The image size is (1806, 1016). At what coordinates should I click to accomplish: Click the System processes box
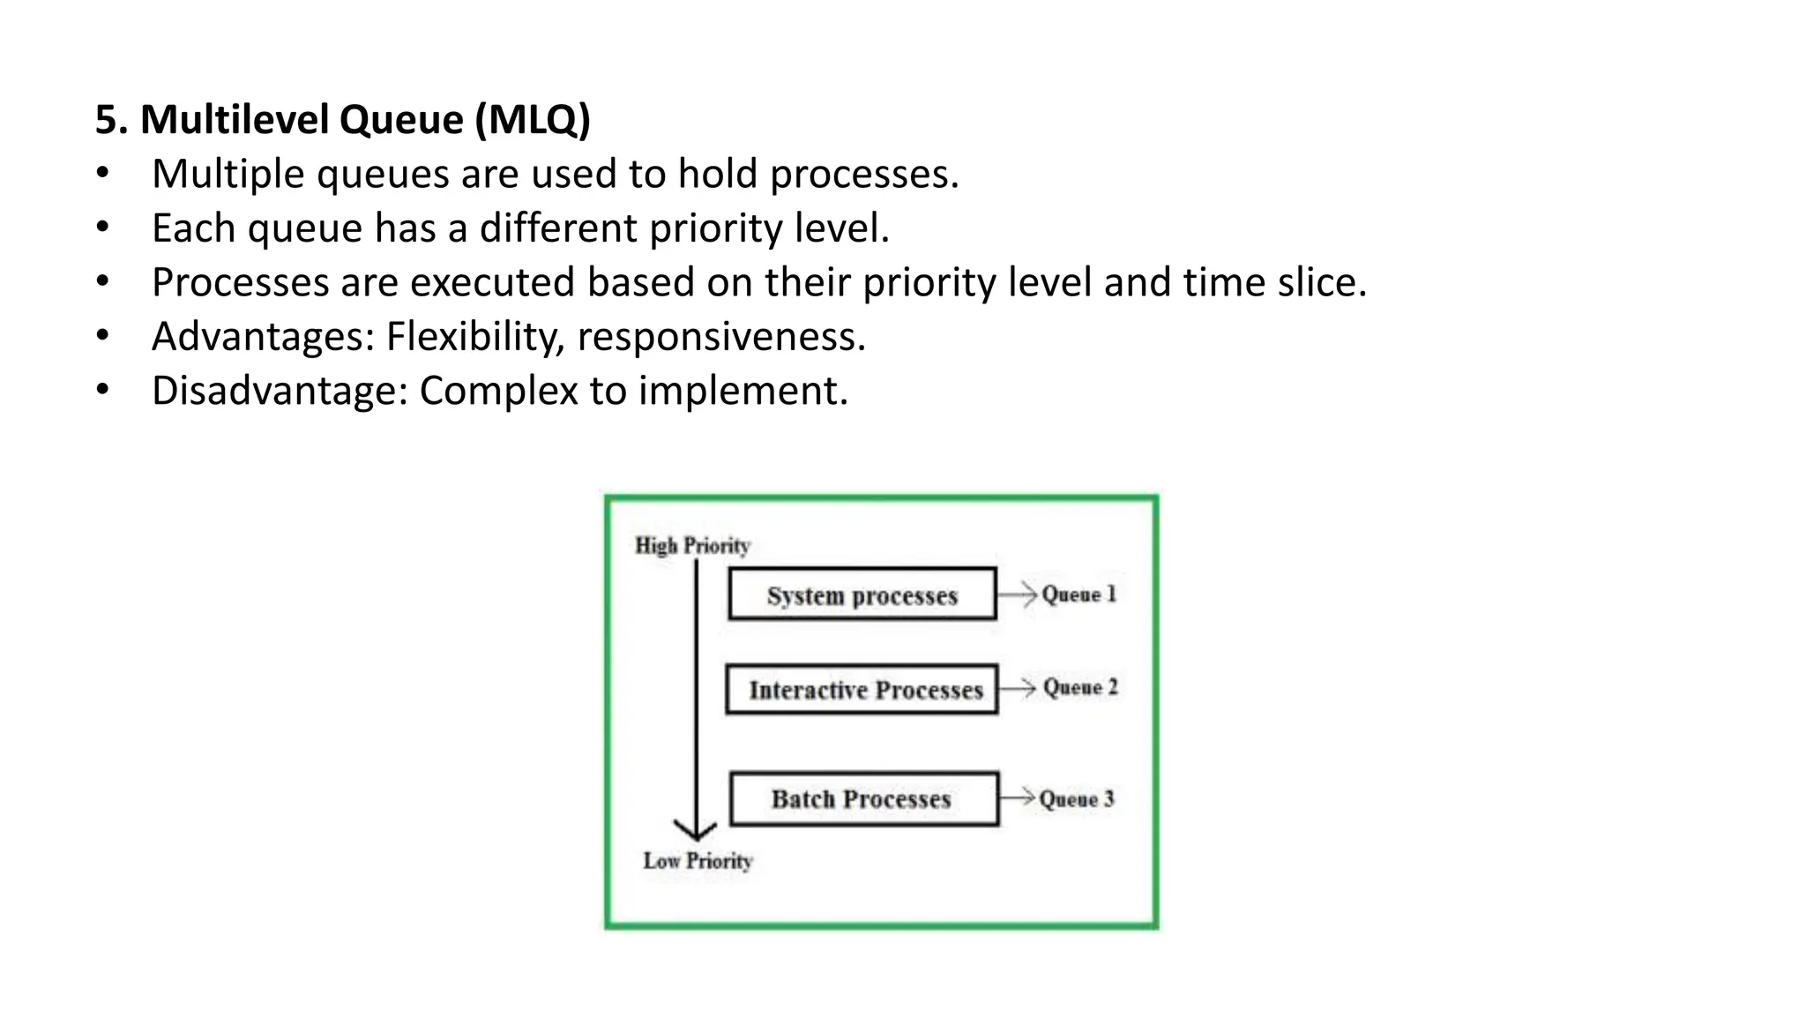pyautogui.click(x=862, y=594)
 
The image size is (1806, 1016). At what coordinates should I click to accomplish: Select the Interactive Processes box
pyautogui.click(x=862, y=689)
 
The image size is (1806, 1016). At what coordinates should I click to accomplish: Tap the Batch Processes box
pyautogui.click(x=863, y=799)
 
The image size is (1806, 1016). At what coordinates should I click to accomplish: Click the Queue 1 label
pyautogui.click(x=1078, y=594)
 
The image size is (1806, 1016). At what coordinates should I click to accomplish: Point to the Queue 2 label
pyautogui.click(x=1080, y=687)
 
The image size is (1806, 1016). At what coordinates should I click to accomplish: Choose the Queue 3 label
pyautogui.click(x=1077, y=799)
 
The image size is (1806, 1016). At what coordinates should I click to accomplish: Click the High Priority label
pyautogui.click(x=692, y=546)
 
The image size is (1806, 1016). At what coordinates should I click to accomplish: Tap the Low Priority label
pyautogui.click(x=698, y=861)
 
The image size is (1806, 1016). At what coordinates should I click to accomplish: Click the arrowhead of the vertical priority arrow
pyautogui.click(x=696, y=831)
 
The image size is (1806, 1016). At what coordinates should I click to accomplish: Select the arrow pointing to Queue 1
pyautogui.click(x=1018, y=594)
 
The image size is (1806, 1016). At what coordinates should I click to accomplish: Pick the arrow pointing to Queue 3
pyautogui.click(x=1017, y=797)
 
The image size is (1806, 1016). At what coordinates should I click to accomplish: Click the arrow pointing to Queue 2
pyautogui.click(x=1018, y=687)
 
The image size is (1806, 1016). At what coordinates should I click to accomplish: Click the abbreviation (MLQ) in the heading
pyautogui.click(x=533, y=119)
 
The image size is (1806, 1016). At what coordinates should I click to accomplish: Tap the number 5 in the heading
pyautogui.click(x=105, y=119)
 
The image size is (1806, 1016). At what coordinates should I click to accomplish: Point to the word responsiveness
pyautogui.click(x=721, y=337)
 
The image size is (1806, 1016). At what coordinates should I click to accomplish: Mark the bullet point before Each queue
pyautogui.click(x=103, y=228)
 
